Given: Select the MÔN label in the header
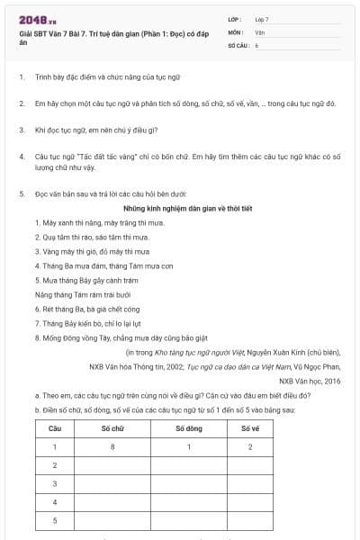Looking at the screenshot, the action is point(236,31).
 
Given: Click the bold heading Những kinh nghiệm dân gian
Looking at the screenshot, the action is point(179,206).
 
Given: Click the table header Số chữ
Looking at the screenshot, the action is point(112,428).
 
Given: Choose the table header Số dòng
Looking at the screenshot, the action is point(189,428).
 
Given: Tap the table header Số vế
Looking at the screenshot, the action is point(250,428).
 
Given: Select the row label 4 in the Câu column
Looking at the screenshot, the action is point(55,501).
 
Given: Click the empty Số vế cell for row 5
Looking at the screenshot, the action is point(250,520).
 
